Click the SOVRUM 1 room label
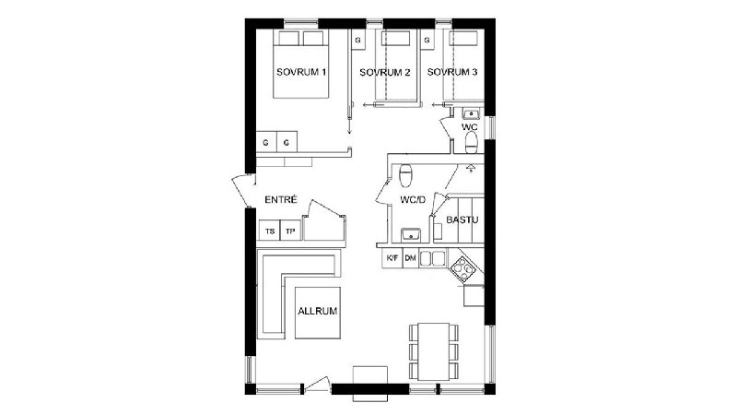301,72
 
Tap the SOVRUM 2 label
385,73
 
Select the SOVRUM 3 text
452,72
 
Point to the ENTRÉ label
281,199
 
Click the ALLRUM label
318,311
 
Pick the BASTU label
462,219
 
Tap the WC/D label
413,200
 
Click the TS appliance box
270,231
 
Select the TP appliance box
291,231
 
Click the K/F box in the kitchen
392,258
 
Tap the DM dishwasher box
410,258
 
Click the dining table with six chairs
433,351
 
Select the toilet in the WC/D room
405,175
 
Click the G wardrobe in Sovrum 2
358,41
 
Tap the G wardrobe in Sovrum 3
427,41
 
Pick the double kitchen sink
432,258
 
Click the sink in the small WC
470,113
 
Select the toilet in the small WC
471,143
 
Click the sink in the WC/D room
411,234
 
